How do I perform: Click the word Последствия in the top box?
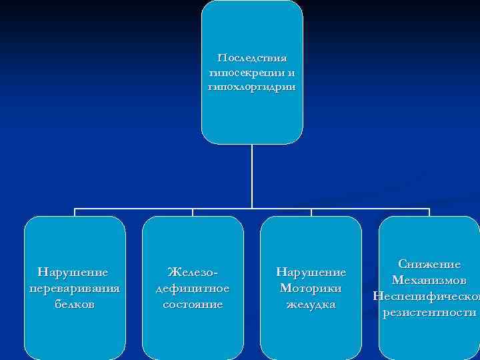(x=252, y=59)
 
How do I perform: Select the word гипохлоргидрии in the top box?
(x=252, y=87)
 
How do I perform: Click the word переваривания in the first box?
(x=75, y=288)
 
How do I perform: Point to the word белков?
(x=75, y=304)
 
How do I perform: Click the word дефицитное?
(x=193, y=288)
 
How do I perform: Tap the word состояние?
(x=193, y=304)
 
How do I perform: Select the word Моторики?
(x=311, y=288)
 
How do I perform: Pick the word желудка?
(x=311, y=304)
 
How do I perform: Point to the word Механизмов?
(x=429, y=280)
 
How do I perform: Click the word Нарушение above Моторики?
(x=311, y=272)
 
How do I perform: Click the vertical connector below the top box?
(x=252, y=177)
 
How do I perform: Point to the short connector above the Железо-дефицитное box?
(x=193, y=213)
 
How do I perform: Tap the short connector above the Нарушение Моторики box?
(x=311, y=213)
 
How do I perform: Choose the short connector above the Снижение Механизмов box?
(x=429, y=213)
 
